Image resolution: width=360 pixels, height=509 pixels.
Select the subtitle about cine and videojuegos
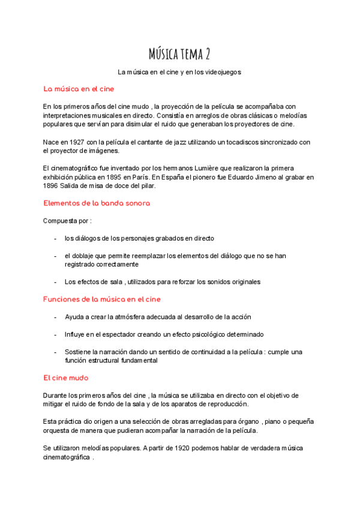point(179,72)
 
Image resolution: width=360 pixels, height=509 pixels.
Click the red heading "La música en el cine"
point(79,89)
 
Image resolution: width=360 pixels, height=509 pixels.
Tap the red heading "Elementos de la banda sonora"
point(97,203)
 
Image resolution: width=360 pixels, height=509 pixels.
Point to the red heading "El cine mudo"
point(65,378)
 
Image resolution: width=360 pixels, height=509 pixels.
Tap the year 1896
point(51,185)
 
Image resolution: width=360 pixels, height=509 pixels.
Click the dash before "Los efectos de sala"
point(55,282)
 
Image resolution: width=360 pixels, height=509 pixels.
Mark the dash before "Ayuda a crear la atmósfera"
point(55,316)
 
